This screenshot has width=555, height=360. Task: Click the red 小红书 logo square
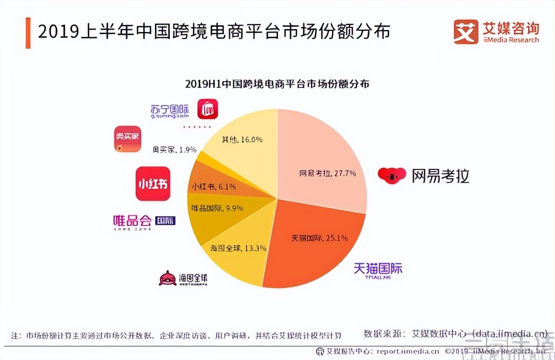[153, 184]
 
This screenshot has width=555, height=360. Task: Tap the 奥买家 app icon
[127, 139]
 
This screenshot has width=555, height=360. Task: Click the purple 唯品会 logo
[144, 221]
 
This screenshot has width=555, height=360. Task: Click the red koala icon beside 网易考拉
[392, 174]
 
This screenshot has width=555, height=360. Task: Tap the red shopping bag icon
[208, 109]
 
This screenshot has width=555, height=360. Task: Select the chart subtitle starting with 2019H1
[277, 85]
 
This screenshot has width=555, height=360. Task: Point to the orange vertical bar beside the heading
[28, 33]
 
